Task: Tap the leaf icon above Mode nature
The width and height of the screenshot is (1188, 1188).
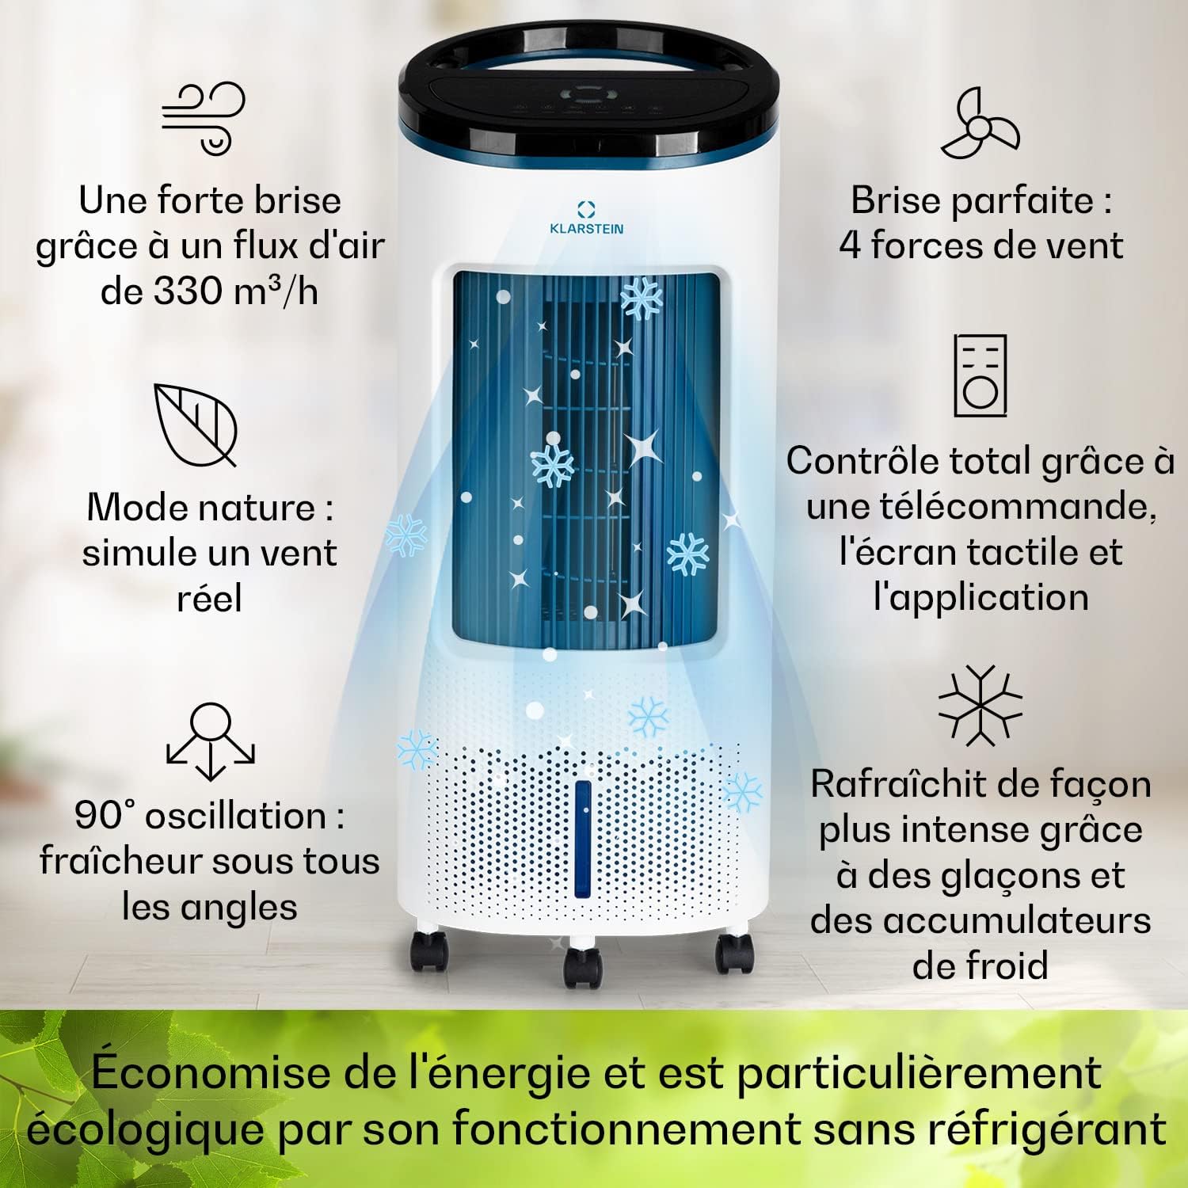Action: click(196, 424)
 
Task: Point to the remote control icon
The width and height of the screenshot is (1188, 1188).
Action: click(980, 375)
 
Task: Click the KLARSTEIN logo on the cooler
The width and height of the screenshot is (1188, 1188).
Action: click(586, 217)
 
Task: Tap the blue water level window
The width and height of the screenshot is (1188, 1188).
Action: click(584, 840)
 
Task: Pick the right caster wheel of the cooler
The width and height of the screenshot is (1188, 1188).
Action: click(733, 954)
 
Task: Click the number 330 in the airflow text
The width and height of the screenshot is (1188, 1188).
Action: click(188, 291)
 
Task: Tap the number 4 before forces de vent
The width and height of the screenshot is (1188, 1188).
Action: click(850, 246)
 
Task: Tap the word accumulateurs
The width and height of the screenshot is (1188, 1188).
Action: click(1017, 920)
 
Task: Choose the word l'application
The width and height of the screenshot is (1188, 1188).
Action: click(980, 597)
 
